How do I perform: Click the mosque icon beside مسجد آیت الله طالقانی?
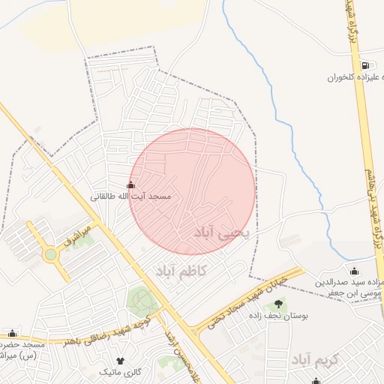tap(131, 185)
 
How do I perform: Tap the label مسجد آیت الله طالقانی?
tap(131, 196)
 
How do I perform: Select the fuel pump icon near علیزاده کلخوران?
tap(364, 66)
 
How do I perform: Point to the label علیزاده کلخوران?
tap(355, 77)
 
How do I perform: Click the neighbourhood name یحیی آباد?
tap(225, 233)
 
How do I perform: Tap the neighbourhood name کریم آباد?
tap(316, 359)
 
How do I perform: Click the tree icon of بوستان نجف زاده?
tap(279, 304)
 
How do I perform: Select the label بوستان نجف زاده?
tap(279, 316)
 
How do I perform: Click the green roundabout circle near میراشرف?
tap(51, 254)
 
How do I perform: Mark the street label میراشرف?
tap(77, 237)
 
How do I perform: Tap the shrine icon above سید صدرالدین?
tap(354, 271)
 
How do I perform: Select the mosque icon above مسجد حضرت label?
tap(11, 333)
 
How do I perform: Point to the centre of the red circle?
tap(193, 190)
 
